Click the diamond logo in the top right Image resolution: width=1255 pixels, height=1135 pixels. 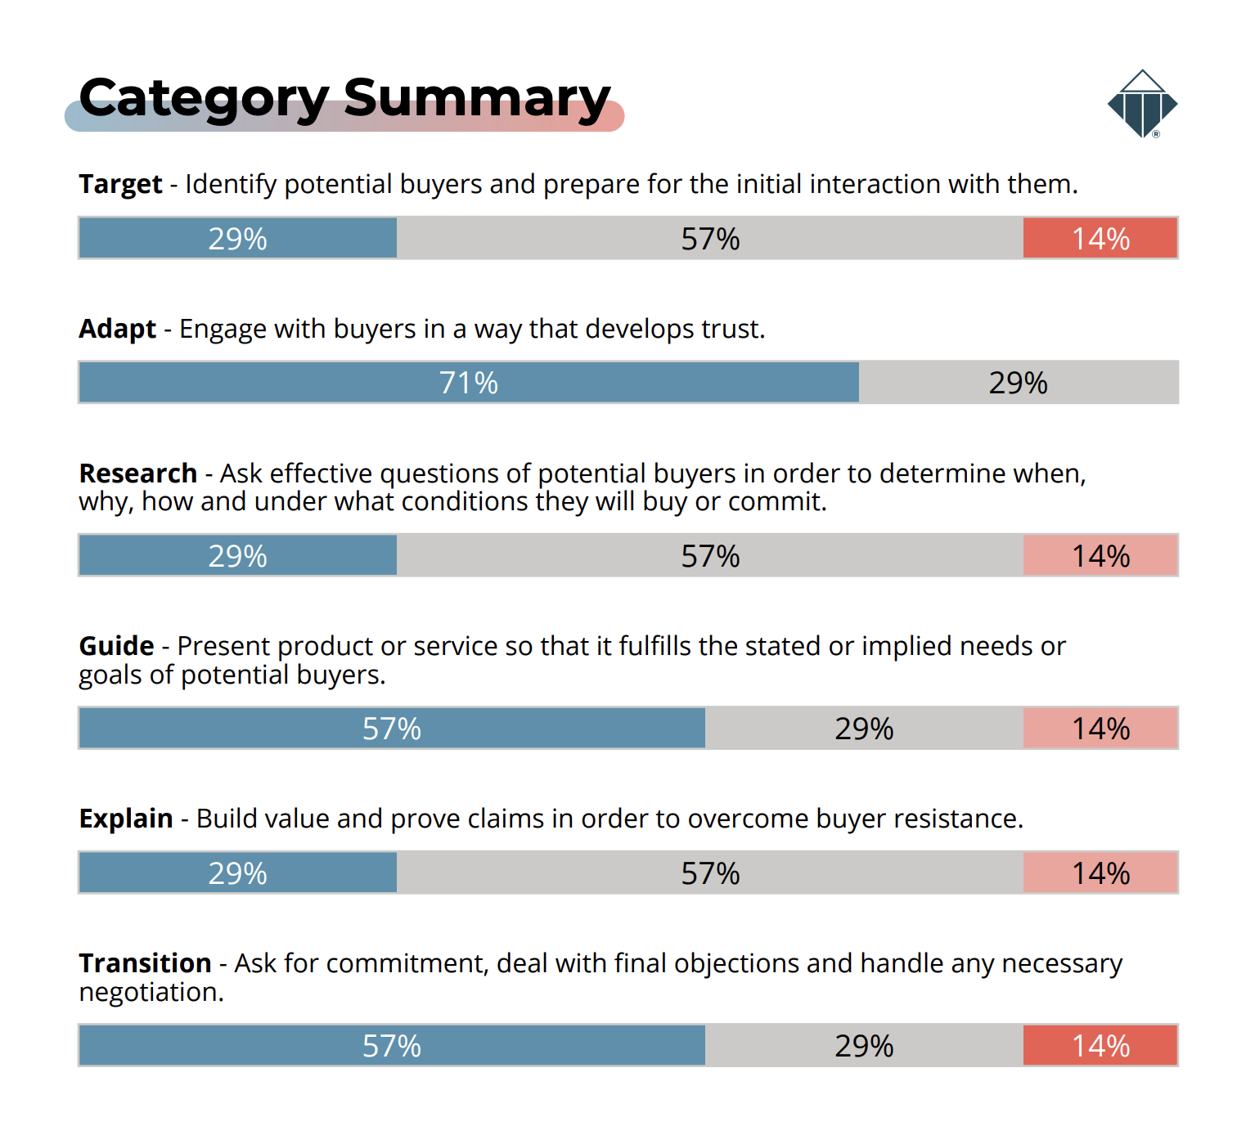coord(1142,104)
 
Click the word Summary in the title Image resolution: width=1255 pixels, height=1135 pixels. coord(476,98)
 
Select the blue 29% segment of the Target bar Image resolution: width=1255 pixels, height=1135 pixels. coord(238,239)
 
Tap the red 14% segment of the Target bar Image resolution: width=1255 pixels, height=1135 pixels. coord(1100,239)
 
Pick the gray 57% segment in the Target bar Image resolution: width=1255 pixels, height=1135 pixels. coord(710,239)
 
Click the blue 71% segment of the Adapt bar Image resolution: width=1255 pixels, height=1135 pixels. coord(469,383)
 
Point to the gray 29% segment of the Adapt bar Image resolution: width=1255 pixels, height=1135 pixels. coord(1019,383)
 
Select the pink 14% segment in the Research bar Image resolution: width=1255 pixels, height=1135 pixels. coord(1100,556)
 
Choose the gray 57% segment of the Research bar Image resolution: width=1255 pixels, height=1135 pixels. coord(710,556)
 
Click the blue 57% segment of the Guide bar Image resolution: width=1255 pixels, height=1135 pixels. coord(392,729)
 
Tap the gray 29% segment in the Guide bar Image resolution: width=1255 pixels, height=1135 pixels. coord(864,729)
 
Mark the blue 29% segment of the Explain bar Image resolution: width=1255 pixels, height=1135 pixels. coord(238,873)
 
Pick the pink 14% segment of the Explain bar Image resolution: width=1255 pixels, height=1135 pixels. coord(1100,873)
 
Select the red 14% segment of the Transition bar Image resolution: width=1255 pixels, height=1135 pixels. coord(1100,1046)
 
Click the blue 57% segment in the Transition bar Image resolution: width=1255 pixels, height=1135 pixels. coord(392,1046)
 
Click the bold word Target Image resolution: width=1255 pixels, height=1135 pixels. coord(120,185)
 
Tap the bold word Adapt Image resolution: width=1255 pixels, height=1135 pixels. coord(117,329)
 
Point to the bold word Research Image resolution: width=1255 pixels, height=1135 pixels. coord(137,473)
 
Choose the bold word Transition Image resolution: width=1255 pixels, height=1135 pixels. coord(145,963)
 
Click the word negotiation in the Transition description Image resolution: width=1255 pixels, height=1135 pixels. coord(151,993)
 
